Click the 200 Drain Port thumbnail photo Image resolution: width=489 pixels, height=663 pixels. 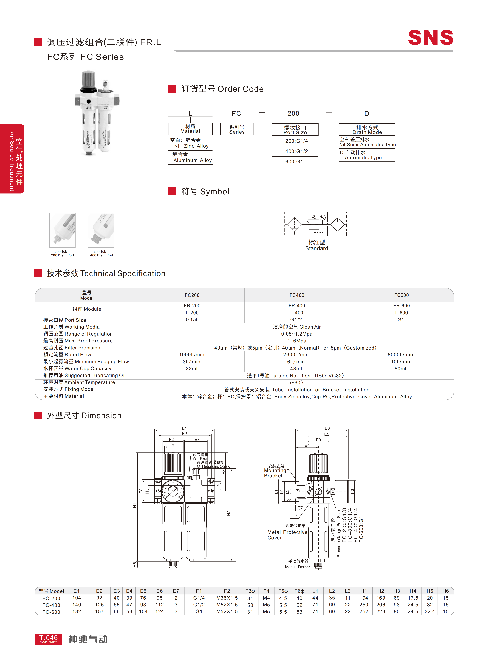62,230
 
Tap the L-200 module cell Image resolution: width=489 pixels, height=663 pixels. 192,313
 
